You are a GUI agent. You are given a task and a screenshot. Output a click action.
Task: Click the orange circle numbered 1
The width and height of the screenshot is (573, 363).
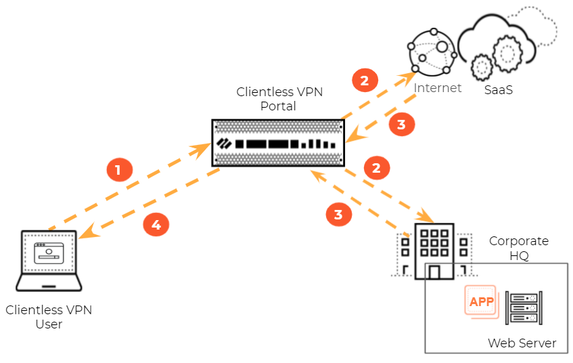pyautogui.click(x=118, y=170)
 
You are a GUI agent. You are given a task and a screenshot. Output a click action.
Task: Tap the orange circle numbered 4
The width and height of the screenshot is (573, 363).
pyautogui.click(x=156, y=225)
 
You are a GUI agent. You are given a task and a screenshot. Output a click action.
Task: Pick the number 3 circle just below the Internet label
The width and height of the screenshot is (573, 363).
pyautogui.click(x=401, y=124)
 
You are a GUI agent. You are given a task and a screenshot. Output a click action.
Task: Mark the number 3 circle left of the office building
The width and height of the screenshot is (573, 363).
pyautogui.click(x=339, y=214)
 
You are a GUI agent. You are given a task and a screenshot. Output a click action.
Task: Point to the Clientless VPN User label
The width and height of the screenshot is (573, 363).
pyautogui.click(x=49, y=317)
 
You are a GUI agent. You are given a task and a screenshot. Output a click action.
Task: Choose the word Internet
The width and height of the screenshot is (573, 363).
pyautogui.click(x=438, y=88)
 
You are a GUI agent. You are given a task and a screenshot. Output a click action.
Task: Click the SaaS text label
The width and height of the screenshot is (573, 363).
pyautogui.click(x=498, y=89)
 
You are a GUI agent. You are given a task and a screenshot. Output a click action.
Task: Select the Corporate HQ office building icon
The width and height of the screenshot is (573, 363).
pyautogui.click(x=432, y=251)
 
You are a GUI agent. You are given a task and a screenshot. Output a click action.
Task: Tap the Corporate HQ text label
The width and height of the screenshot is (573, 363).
pyautogui.click(x=519, y=247)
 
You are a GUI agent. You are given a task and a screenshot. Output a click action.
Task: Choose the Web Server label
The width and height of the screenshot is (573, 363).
pyautogui.click(x=522, y=343)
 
